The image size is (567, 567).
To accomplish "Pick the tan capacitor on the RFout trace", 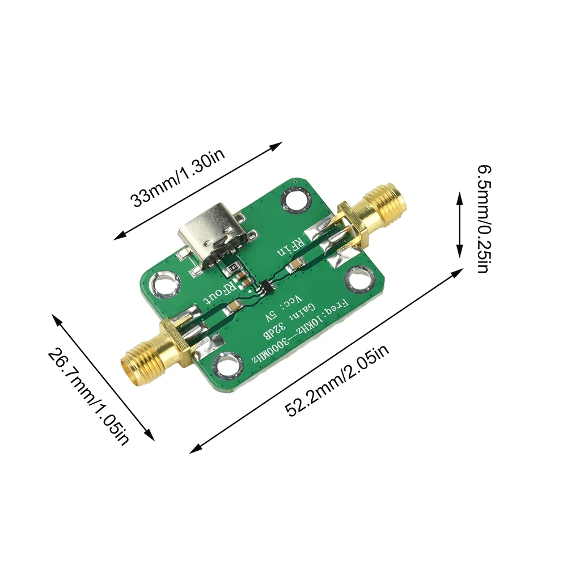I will click(x=233, y=308).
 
